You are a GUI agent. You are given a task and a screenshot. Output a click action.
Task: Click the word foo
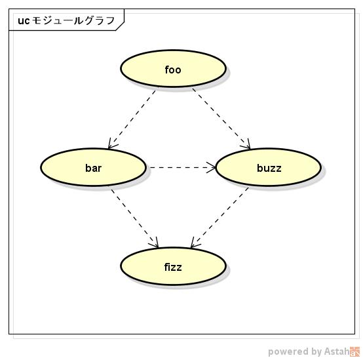tap(173, 70)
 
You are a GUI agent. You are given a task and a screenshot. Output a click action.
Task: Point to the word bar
tap(93, 168)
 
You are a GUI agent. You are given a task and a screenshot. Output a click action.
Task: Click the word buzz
tap(269, 168)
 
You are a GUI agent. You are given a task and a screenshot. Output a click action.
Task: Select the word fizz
tap(173, 267)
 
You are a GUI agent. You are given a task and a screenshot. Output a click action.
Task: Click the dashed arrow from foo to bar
tap(133, 117)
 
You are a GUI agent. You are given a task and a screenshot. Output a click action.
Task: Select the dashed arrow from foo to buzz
tap(221, 117)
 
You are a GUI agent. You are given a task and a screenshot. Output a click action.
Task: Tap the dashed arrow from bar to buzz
tap(180, 168)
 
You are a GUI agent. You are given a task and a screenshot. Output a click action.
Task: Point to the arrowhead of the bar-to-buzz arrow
tap(211, 168)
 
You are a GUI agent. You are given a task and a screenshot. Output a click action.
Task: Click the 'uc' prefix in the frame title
tap(23, 20)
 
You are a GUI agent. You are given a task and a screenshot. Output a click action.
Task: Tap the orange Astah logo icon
tap(354, 351)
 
